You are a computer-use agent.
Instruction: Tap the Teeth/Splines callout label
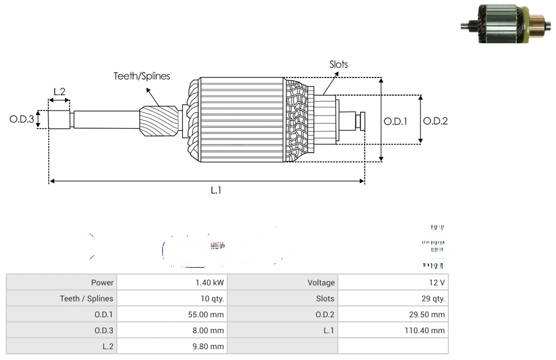142,76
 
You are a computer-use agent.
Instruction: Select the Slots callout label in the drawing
338,64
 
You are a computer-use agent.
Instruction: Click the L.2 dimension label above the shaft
59,91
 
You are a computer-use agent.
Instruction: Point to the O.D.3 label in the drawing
22,120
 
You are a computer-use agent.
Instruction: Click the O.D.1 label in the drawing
395,121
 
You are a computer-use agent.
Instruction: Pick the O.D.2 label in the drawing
436,121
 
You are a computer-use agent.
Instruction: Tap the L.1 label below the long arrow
216,190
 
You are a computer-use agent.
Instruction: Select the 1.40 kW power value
210,283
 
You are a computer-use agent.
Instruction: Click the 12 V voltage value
438,283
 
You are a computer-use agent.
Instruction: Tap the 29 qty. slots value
434,298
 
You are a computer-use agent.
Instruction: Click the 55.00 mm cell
206,314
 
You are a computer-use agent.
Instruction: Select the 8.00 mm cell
208,330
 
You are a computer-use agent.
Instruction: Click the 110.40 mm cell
425,330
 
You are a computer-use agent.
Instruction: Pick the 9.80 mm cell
208,346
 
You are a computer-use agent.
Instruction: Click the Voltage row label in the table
321,283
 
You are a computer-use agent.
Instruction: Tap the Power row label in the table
102,283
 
